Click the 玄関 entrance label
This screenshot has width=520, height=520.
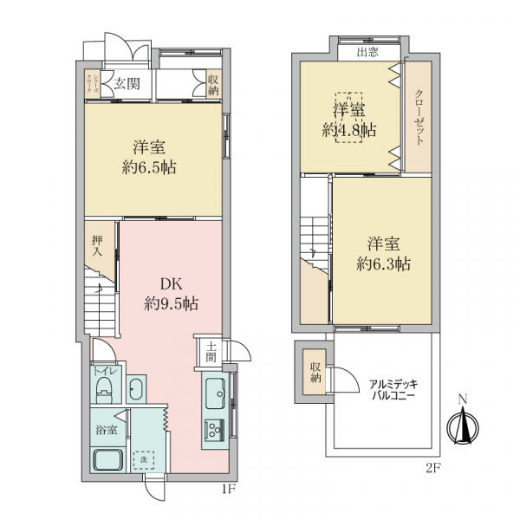(x=127, y=85)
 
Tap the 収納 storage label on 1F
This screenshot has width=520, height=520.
(x=213, y=85)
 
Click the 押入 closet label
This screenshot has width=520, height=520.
(x=98, y=246)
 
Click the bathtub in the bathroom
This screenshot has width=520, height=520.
(x=107, y=459)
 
